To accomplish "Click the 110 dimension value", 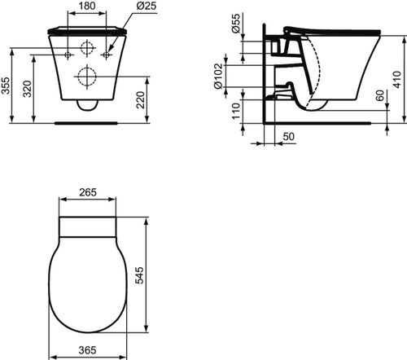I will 236,110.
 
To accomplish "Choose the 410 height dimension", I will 398,78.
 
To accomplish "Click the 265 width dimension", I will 88,193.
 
